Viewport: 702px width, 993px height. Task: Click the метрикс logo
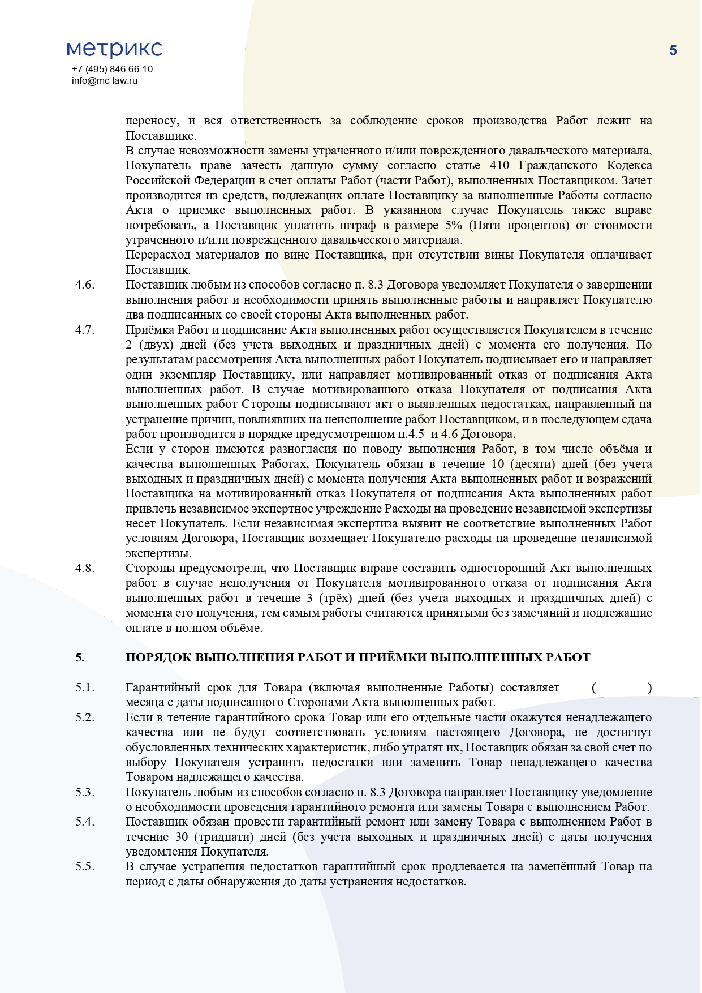[x=114, y=49]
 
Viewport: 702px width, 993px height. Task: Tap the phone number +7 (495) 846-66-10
[x=112, y=69]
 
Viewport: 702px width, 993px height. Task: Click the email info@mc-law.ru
[x=105, y=80]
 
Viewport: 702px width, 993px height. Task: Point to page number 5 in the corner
[x=673, y=51]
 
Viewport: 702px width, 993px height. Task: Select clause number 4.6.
[x=85, y=285]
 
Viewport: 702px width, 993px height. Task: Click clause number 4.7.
[x=85, y=330]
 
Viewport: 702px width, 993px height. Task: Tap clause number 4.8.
[x=85, y=568]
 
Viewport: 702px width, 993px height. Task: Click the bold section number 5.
[x=80, y=657]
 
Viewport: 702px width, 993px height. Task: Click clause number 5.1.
[x=85, y=687]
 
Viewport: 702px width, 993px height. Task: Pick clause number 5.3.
[x=85, y=792]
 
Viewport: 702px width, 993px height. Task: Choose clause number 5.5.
[x=85, y=866]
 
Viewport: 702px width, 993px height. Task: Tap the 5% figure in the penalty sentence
[x=454, y=225]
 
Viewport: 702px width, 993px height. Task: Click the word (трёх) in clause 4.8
[x=349, y=598]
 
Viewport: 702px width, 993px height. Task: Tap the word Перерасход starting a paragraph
[x=158, y=255]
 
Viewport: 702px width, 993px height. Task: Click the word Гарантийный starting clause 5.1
[x=163, y=687]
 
